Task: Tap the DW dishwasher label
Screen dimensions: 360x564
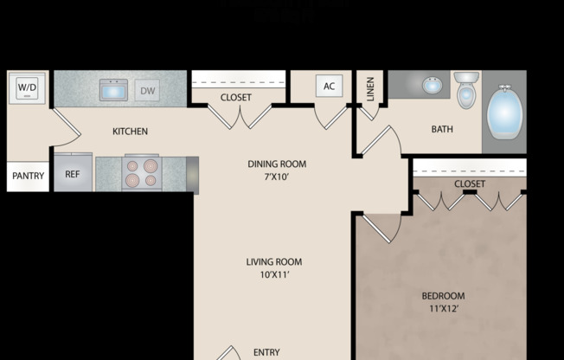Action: pyautogui.click(x=147, y=89)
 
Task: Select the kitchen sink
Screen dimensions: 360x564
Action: pyautogui.click(x=113, y=89)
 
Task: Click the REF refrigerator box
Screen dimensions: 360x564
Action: pyautogui.click(x=73, y=174)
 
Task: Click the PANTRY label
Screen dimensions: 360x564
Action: pyautogui.click(x=28, y=176)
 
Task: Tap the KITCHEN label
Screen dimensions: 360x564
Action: pyautogui.click(x=131, y=132)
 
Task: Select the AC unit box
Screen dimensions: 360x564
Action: pyautogui.click(x=329, y=86)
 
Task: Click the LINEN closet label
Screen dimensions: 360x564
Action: pyautogui.click(x=370, y=88)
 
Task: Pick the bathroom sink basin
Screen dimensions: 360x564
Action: pyautogui.click(x=431, y=86)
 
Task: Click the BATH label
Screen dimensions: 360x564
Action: pyautogui.click(x=442, y=130)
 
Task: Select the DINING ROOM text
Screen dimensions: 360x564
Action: pyautogui.click(x=277, y=164)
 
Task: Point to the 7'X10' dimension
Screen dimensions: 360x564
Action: pyautogui.click(x=277, y=177)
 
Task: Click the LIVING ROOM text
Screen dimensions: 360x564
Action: pyautogui.click(x=274, y=261)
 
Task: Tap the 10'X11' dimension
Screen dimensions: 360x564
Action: pyautogui.click(x=274, y=275)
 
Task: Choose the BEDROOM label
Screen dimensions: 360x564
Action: pyautogui.click(x=444, y=295)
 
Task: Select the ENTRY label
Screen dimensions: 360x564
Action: pyautogui.click(x=266, y=352)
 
